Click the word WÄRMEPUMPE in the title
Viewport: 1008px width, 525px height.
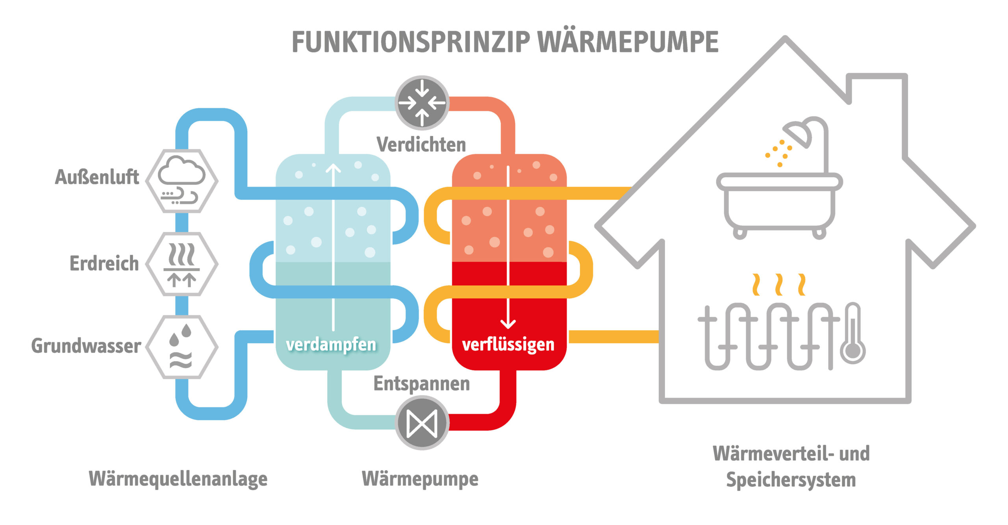click(x=628, y=42)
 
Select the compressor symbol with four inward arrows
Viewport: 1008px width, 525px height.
click(x=422, y=103)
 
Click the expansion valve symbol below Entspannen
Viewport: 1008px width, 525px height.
click(x=422, y=424)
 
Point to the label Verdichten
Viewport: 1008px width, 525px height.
click(x=421, y=145)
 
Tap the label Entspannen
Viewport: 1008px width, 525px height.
click(x=421, y=384)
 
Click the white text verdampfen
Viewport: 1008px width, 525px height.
click(x=331, y=345)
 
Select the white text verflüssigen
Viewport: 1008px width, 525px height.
click(x=508, y=345)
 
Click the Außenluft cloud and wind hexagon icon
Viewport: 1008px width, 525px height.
click(x=182, y=181)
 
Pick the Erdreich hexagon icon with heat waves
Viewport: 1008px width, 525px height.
click(x=182, y=264)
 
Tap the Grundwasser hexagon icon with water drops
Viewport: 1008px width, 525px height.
click(x=182, y=347)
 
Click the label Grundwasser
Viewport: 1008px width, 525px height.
click(x=86, y=346)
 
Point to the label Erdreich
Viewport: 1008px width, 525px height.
click(x=104, y=263)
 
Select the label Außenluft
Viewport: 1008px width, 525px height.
click(x=97, y=177)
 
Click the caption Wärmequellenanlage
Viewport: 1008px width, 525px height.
click(x=178, y=479)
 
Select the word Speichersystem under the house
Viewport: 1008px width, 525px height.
click(x=791, y=480)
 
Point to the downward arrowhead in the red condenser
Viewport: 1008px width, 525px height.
click(x=508, y=324)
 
